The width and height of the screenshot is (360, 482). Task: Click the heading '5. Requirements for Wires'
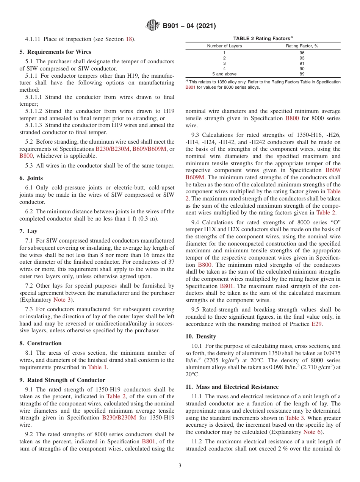[55, 52]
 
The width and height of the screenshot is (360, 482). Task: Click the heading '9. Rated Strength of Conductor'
[63, 380]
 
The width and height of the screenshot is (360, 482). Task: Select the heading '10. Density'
[201, 336]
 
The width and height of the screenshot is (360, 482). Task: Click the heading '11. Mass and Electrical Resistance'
[232, 387]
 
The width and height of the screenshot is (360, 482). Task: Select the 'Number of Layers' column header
[224, 46]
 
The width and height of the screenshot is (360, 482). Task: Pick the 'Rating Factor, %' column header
[302, 46]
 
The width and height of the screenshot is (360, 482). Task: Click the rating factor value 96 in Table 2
[302, 53]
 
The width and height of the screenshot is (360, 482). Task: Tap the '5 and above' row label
[224, 74]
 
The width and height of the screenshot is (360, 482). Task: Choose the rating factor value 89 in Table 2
[302, 74]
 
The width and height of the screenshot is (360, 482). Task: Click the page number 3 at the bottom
[180, 466]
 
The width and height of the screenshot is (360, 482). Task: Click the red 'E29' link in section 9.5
[316, 324]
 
